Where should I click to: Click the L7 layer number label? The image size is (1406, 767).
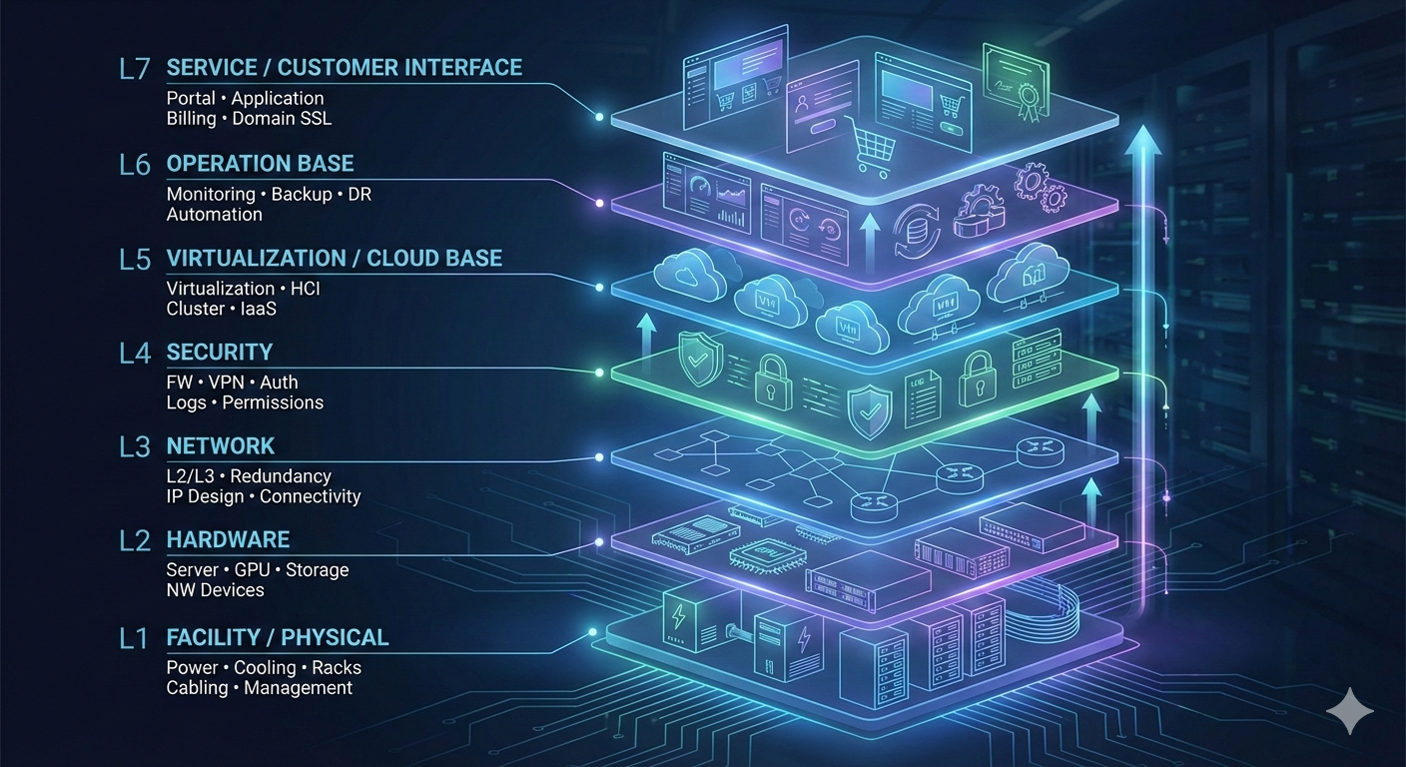pos(134,70)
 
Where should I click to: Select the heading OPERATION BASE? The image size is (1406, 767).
pos(260,164)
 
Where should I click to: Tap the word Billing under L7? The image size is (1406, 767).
pos(191,119)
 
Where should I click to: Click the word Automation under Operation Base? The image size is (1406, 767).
pos(214,215)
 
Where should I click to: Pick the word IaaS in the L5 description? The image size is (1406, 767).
pos(258,309)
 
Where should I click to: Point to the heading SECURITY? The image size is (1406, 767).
pos(219,352)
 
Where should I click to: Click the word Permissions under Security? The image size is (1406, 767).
pos(273,402)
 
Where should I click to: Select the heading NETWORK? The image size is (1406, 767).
pos(220,445)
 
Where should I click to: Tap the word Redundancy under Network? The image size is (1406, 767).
pos(281,476)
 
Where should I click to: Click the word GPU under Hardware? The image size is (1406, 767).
pos(255,570)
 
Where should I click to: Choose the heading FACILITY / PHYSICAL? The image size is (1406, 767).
pos(278,637)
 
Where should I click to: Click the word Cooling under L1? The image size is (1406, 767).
pos(265,668)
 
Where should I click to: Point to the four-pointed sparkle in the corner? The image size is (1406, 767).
pos(1350,710)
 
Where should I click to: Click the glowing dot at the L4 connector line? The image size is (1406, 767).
pos(599,373)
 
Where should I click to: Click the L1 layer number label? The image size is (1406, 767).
pos(133,638)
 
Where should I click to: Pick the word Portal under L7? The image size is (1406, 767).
pos(191,98)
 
